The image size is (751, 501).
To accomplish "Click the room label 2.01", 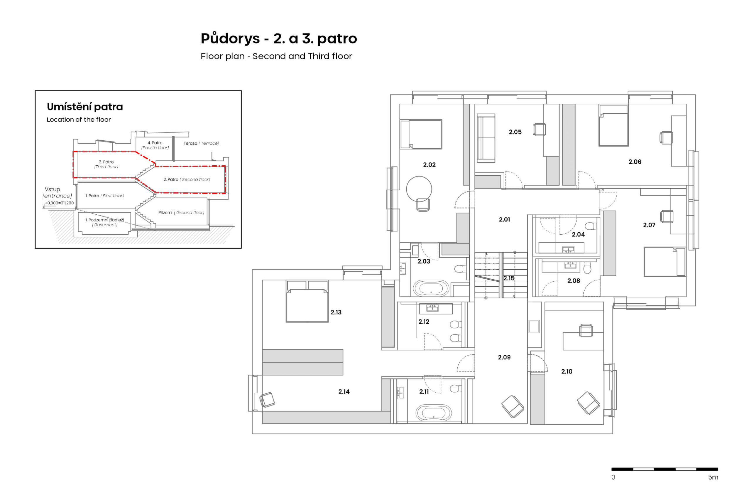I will point(504,219).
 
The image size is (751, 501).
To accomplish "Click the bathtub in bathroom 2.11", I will point(433,413).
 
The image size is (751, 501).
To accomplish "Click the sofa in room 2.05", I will point(486,139).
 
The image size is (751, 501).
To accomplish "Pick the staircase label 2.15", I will point(509,278).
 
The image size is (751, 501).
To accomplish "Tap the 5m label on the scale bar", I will point(713,477).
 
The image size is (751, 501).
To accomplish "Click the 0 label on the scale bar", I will point(613,477).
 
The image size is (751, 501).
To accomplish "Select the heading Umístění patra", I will point(84,107).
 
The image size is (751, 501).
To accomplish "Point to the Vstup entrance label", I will point(52,189).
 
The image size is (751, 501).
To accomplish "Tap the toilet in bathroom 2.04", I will point(591,226).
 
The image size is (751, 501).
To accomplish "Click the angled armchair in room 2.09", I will point(512,406).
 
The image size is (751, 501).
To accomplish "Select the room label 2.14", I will point(344,391).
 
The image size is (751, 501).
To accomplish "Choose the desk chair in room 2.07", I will point(667,216).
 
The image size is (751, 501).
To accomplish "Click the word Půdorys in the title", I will point(226,39).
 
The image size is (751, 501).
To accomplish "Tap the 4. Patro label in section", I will point(155,143).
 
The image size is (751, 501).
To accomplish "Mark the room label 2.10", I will point(566,371).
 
